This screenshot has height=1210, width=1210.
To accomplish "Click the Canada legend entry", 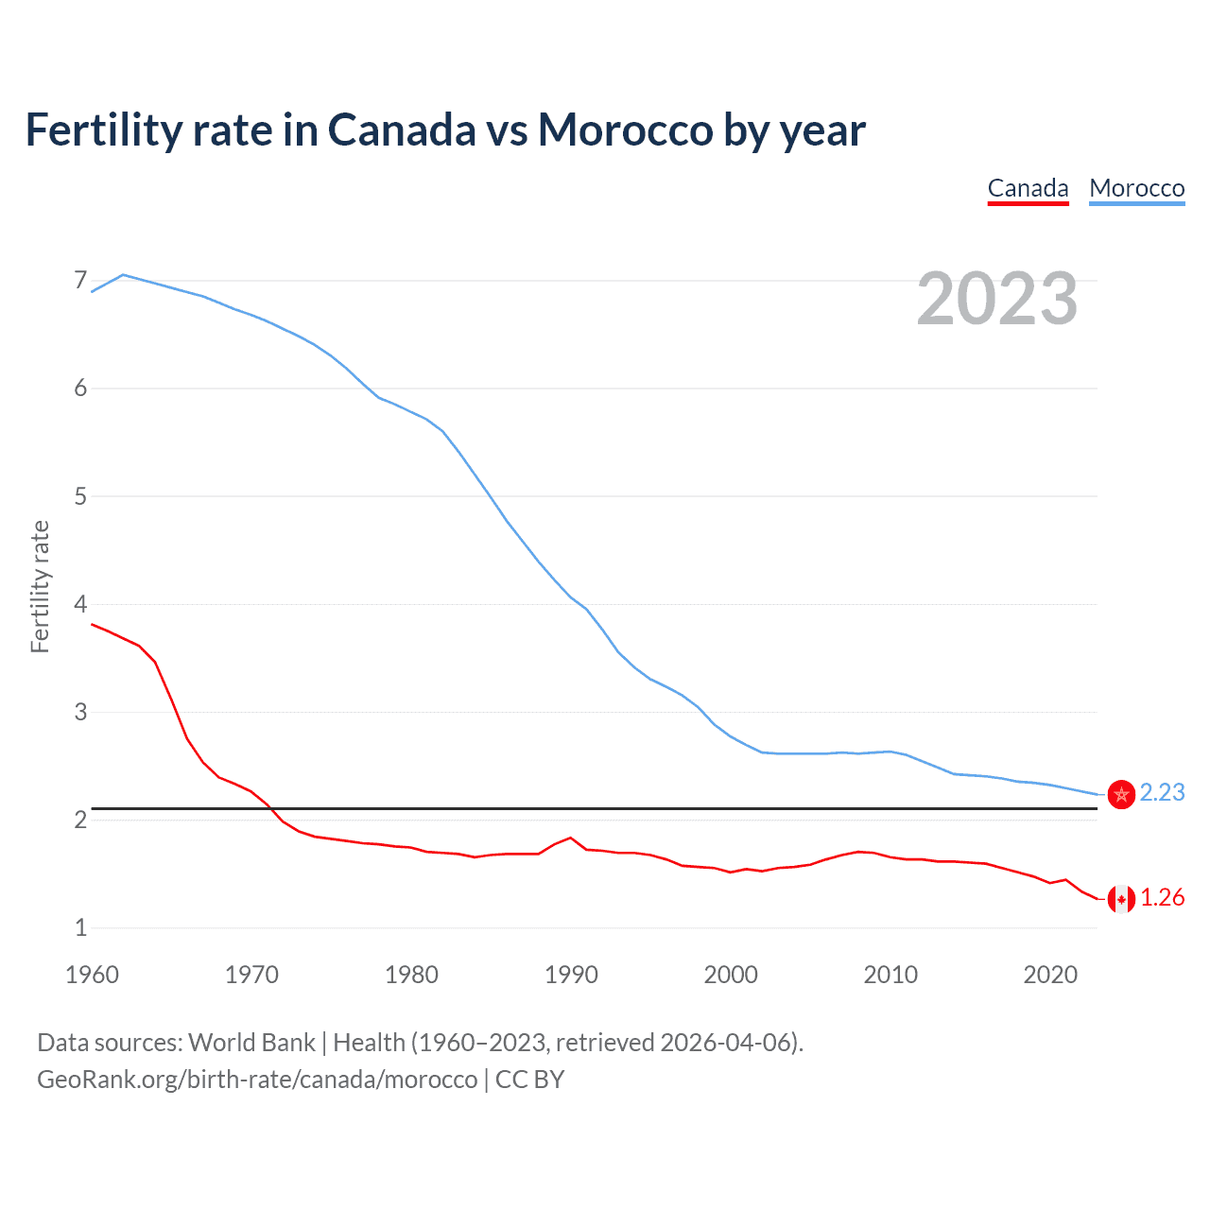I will click(x=1028, y=188).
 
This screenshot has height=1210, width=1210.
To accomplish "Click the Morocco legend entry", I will click(x=1136, y=188).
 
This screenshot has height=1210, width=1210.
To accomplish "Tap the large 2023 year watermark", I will click(x=996, y=299).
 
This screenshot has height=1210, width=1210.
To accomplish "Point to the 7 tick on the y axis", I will click(x=80, y=281).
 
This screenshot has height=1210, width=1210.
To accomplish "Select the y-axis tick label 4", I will click(x=80, y=604).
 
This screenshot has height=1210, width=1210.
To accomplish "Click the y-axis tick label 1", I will click(x=80, y=927).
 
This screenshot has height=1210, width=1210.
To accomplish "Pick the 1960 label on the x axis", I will click(x=92, y=975).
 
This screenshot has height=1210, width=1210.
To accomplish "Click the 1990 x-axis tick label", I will click(x=571, y=975).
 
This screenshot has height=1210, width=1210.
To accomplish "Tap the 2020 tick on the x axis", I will click(x=1050, y=975).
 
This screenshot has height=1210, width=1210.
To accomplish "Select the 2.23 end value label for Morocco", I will click(x=1162, y=792).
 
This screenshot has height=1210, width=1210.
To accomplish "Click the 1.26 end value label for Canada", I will click(x=1162, y=897).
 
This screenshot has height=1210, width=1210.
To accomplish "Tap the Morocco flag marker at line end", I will click(x=1121, y=794).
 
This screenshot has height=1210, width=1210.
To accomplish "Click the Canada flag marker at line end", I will click(x=1121, y=899).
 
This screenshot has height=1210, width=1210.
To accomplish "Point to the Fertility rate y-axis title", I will click(x=40, y=586).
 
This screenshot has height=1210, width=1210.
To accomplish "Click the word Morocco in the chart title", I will click(x=625, y=130).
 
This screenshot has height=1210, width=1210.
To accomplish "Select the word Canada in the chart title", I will click(x=402, y=130).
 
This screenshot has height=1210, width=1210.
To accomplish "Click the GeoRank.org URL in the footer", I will click(x=257, y=1080).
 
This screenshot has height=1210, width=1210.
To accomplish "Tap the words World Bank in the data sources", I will click(x=251, y=1043).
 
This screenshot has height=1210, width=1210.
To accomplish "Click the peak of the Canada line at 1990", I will click(x=570, y=838).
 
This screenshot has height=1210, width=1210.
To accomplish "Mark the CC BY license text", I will click(x=529, y=1080).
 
